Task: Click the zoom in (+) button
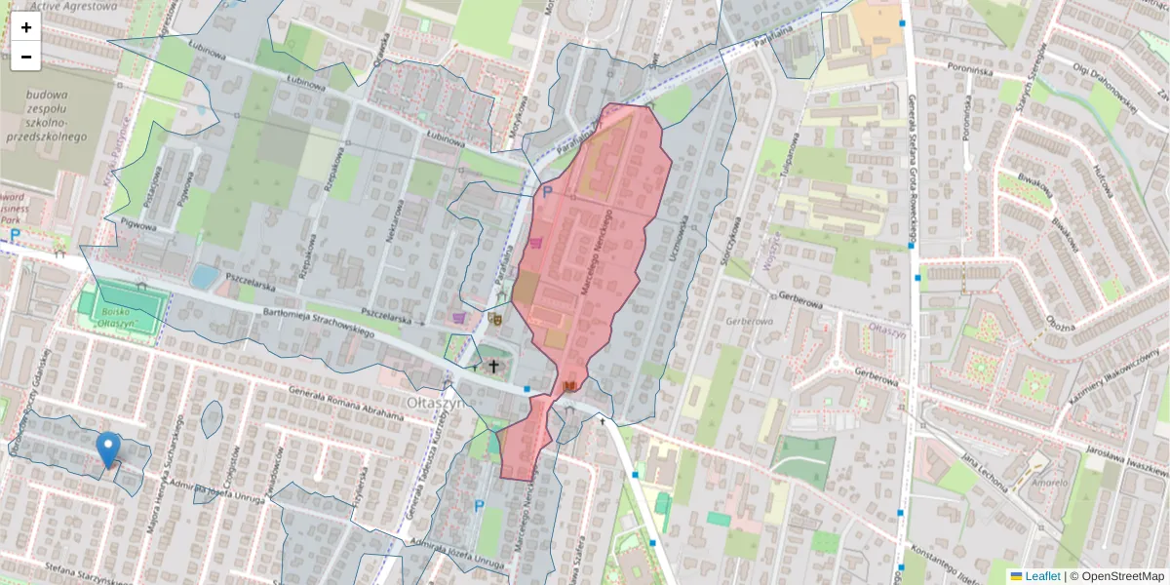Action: (26, 27)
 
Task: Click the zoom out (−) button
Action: (26, 57)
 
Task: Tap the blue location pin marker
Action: (108, 449)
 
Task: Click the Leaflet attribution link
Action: (1041, 576)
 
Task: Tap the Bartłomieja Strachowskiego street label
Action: (319, 323)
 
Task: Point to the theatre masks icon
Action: (495, 317)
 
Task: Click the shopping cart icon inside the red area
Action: (537, 243)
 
